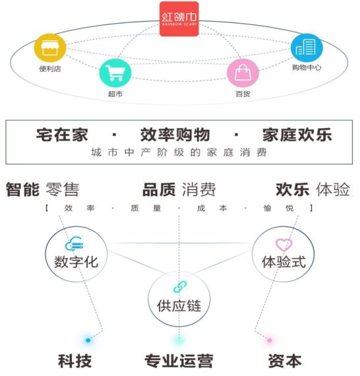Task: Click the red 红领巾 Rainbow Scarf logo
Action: pos(179,18)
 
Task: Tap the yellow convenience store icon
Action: pos(50,47)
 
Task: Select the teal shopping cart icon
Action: pos(115,73)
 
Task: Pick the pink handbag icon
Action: pos(243,73)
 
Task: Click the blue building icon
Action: pos(307,47)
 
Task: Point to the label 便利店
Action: pos(50,69)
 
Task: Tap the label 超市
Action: pos(115,94)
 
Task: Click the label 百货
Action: pos(243,94)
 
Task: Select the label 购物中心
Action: pos(307,67)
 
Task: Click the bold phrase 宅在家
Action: pos(62,135)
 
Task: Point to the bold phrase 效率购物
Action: pos(175,135)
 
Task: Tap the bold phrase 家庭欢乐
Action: pos(297,135)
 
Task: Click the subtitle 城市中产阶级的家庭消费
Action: pos(179,152)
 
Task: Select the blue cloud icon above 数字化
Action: pos(75,243)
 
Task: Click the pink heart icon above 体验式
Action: pos(284,245)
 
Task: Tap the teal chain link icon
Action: pos(180,287)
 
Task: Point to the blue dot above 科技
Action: pos(88,340)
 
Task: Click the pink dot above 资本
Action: pos(270,340)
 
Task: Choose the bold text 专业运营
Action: pos(179,361)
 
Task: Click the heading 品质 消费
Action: pos(179,190)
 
